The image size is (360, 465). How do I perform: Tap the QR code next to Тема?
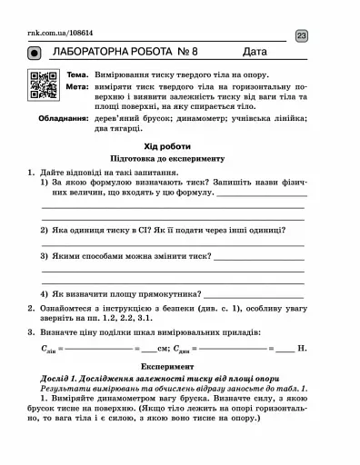pos(42,84)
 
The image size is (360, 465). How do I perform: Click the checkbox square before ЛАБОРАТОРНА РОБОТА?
pos(38,54)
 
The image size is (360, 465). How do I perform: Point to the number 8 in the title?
pos(198,54)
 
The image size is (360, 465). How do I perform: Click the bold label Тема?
pos(76,73)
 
